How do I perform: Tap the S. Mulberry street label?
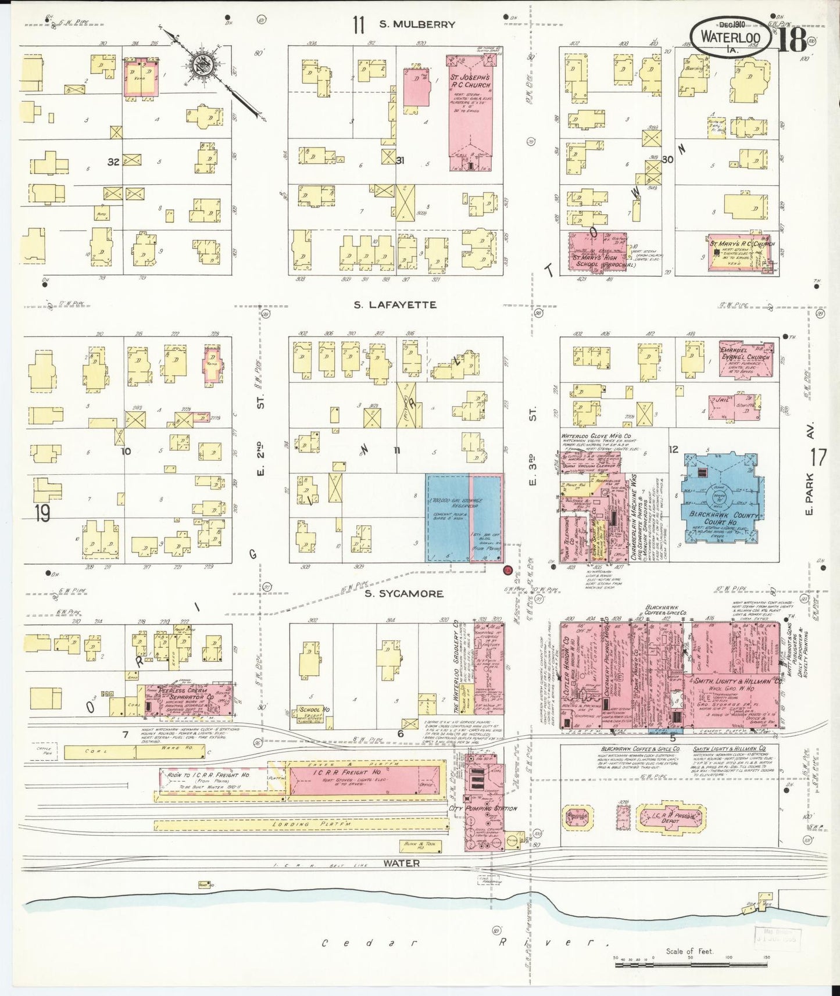(416, 24)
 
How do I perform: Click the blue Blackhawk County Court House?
(723, 497)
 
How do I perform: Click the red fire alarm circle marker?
(507, 571)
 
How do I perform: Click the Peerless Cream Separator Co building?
(189, 700)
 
